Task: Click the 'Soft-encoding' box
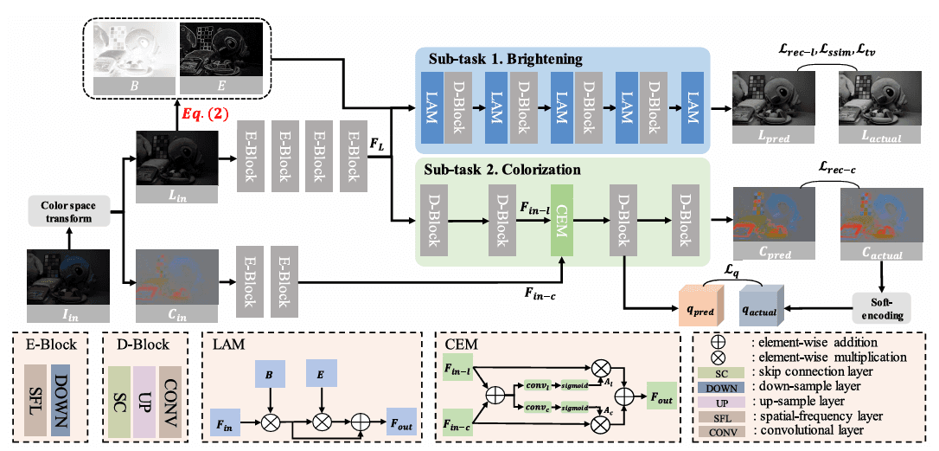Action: pyautogui.click(x=881, y=307)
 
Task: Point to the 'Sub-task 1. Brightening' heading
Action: pyautogui.click(x=505, y=59)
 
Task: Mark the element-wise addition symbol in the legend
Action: pyautogui.click(x=716, y=341)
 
